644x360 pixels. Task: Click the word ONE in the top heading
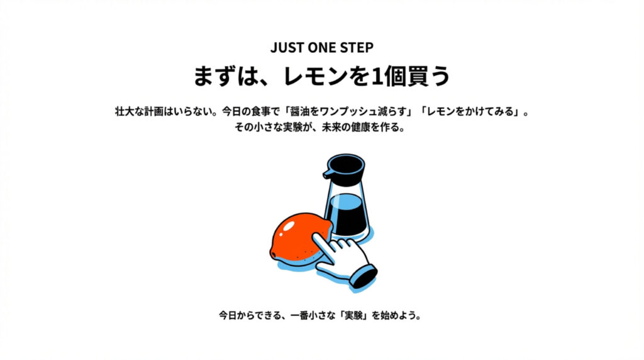coord(321,48)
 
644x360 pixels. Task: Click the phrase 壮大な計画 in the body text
coord(139,112)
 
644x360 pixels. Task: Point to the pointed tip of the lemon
coord(272,253)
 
